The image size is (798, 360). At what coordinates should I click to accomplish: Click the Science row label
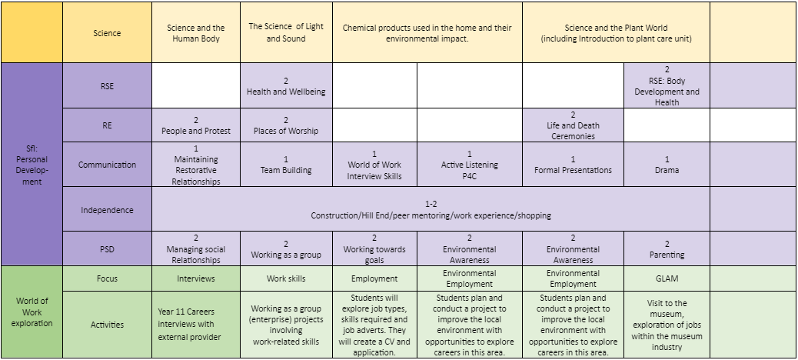coord(107,32)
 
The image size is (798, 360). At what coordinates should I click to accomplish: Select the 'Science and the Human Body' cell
coord(196,32)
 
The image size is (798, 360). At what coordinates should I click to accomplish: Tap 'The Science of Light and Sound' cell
coord(286,32)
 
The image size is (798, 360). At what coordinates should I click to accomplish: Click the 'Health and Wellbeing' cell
coord(286,85)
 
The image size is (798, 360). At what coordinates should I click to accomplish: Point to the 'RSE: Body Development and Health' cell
coord(667,85)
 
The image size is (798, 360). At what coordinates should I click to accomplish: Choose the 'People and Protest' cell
coord(196,125)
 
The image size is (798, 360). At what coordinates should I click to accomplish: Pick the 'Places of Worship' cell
coord(286,125)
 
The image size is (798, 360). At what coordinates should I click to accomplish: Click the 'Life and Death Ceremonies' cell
coord(573,125)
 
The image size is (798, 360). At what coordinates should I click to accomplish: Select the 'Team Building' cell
coord(286,165)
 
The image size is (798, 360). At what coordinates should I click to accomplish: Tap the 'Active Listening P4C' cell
coord(469,165)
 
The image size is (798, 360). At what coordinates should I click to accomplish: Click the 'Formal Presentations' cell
coord(573,165)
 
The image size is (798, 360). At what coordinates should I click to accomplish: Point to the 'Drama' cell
coord(667,165)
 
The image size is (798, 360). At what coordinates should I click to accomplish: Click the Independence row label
coord(107,209)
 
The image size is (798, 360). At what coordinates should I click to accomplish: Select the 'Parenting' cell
coord(667,248)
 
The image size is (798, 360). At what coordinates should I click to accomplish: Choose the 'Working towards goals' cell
coord(374,248)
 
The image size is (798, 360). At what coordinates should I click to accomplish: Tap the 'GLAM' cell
coord(667,278)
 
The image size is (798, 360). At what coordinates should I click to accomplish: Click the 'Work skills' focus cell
coord(286,278)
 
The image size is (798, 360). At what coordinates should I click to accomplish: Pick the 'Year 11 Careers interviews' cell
coord(196,325)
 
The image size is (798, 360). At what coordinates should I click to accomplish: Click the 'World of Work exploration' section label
coord(32,312)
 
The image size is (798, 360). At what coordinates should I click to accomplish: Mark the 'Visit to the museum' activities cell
coord(667,325)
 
